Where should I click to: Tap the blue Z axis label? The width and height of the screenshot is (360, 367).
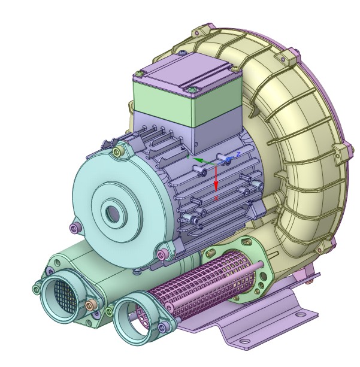tap(238, 154)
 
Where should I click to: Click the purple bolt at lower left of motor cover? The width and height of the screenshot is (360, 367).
tap(74, 228)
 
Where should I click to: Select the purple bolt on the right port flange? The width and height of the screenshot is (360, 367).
tap(164, 326)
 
